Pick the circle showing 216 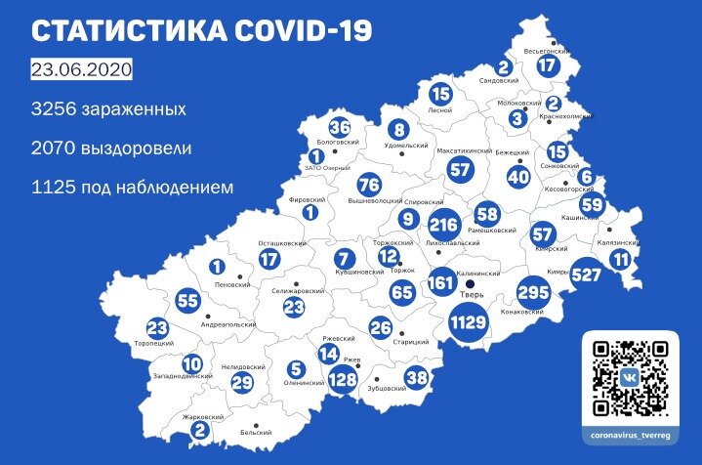click(443, 225)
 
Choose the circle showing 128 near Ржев click(342, 379)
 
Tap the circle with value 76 click(368, 186)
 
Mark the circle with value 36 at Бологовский click(339, 128)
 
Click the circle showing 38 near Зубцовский click(417, 377)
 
